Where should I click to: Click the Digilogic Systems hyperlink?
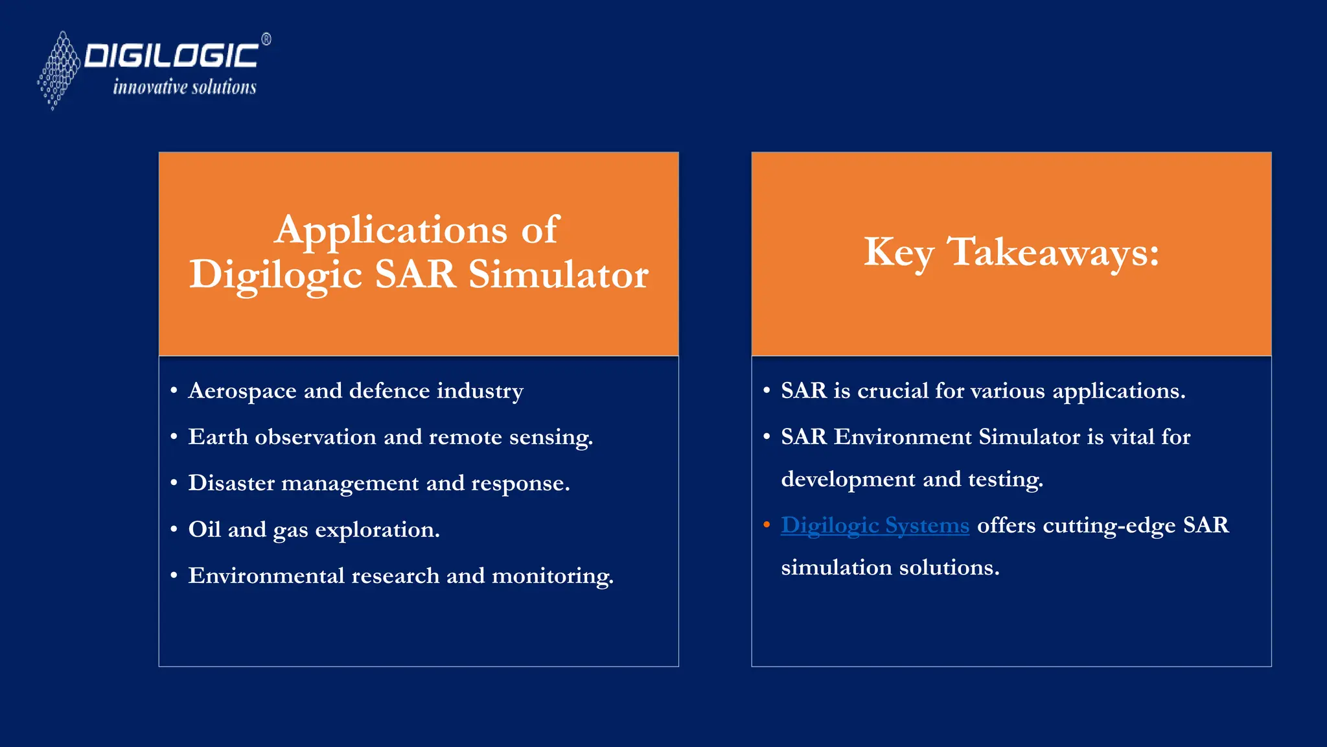click(875, 525)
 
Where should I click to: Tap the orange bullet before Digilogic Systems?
click(767, 525)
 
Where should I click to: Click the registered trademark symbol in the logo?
click(266, 40)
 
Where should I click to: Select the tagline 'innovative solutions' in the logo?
click(185, 87)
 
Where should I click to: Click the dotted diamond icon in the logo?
click(59, 70)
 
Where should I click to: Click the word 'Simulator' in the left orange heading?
click(559, 274)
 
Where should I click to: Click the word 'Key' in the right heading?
click(899, 252)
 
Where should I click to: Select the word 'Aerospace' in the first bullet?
click(242, 392)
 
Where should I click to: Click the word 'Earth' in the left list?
click(218, 437)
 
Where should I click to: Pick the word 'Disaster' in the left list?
click(231, 483)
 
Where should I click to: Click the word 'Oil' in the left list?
click(205, 530)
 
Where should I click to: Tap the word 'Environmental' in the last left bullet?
click(266, 576)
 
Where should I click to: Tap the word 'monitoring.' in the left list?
click(553, 576)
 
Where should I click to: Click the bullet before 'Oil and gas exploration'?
click(174, 530)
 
